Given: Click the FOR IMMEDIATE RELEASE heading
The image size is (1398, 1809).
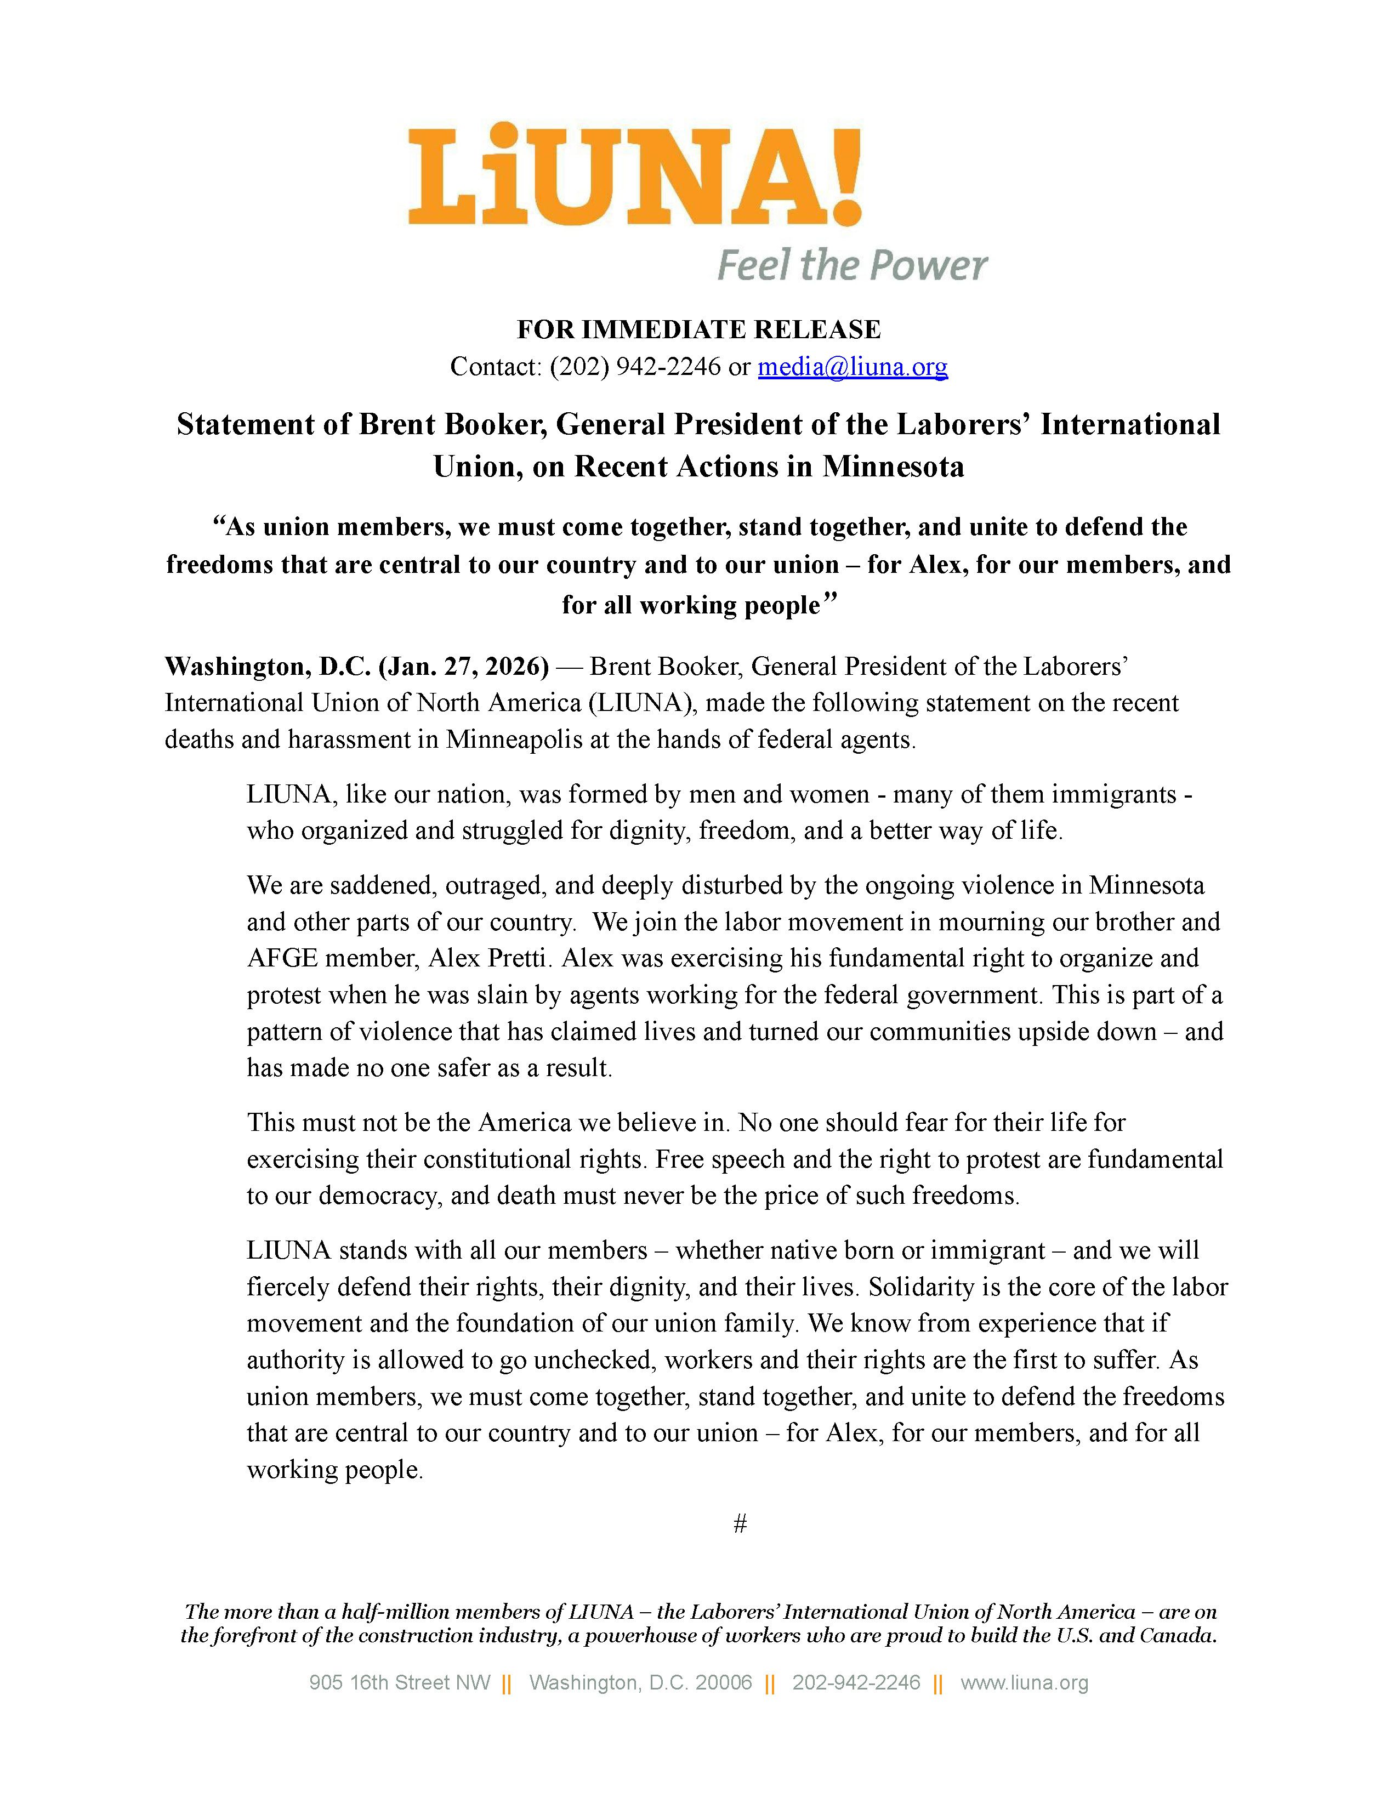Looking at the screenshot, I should (698, 329).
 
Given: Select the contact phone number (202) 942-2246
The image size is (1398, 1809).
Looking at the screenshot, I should (635, 367).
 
